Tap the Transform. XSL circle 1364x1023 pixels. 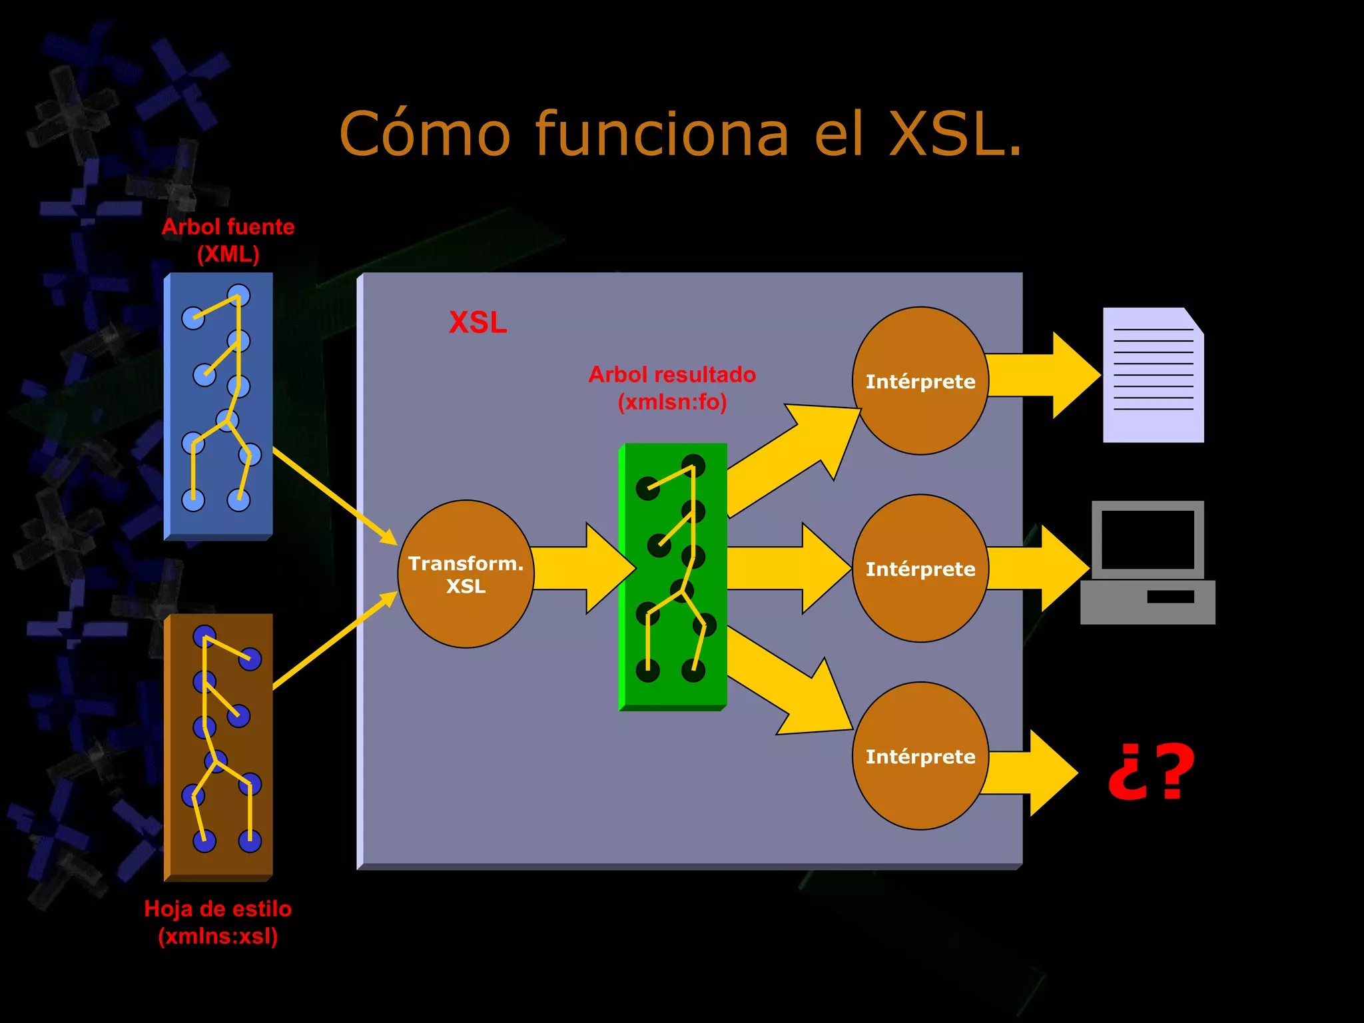[466, 574]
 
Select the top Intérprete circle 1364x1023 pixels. [920, 381]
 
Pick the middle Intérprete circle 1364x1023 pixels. [920, 569]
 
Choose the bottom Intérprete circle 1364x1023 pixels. [920, 756]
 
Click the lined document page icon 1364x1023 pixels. [1153, 375]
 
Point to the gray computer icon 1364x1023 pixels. [1148, 563]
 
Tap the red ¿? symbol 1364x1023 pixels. [1151, 773]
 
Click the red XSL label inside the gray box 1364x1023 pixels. [478, 322]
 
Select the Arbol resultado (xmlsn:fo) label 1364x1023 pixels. [672, 388]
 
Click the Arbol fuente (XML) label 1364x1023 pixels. [228, 240]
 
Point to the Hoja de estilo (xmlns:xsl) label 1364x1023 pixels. [218, 922]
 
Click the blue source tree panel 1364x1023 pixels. [218, 406]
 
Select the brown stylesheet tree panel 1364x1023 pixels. [218, 746]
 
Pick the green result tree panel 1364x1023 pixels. [673, 576]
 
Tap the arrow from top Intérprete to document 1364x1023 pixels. [1042, 376]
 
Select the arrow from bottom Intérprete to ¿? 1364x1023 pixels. [1029, 773]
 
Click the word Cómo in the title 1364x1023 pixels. [425, 135]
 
